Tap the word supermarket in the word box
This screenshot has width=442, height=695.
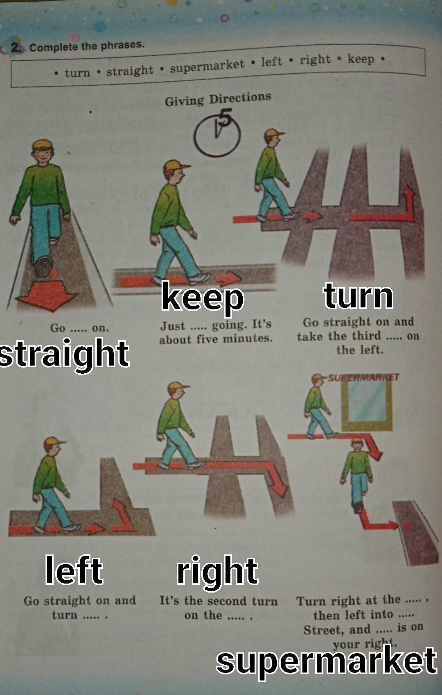pyautogui.click(x=207, y=65)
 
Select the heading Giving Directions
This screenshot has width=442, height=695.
pyautogui.click(x=218, y=99)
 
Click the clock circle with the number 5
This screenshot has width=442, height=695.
pyautogui.click(x=217, y=135)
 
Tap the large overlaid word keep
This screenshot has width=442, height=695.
pyautogui.click(x=203, y=298)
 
